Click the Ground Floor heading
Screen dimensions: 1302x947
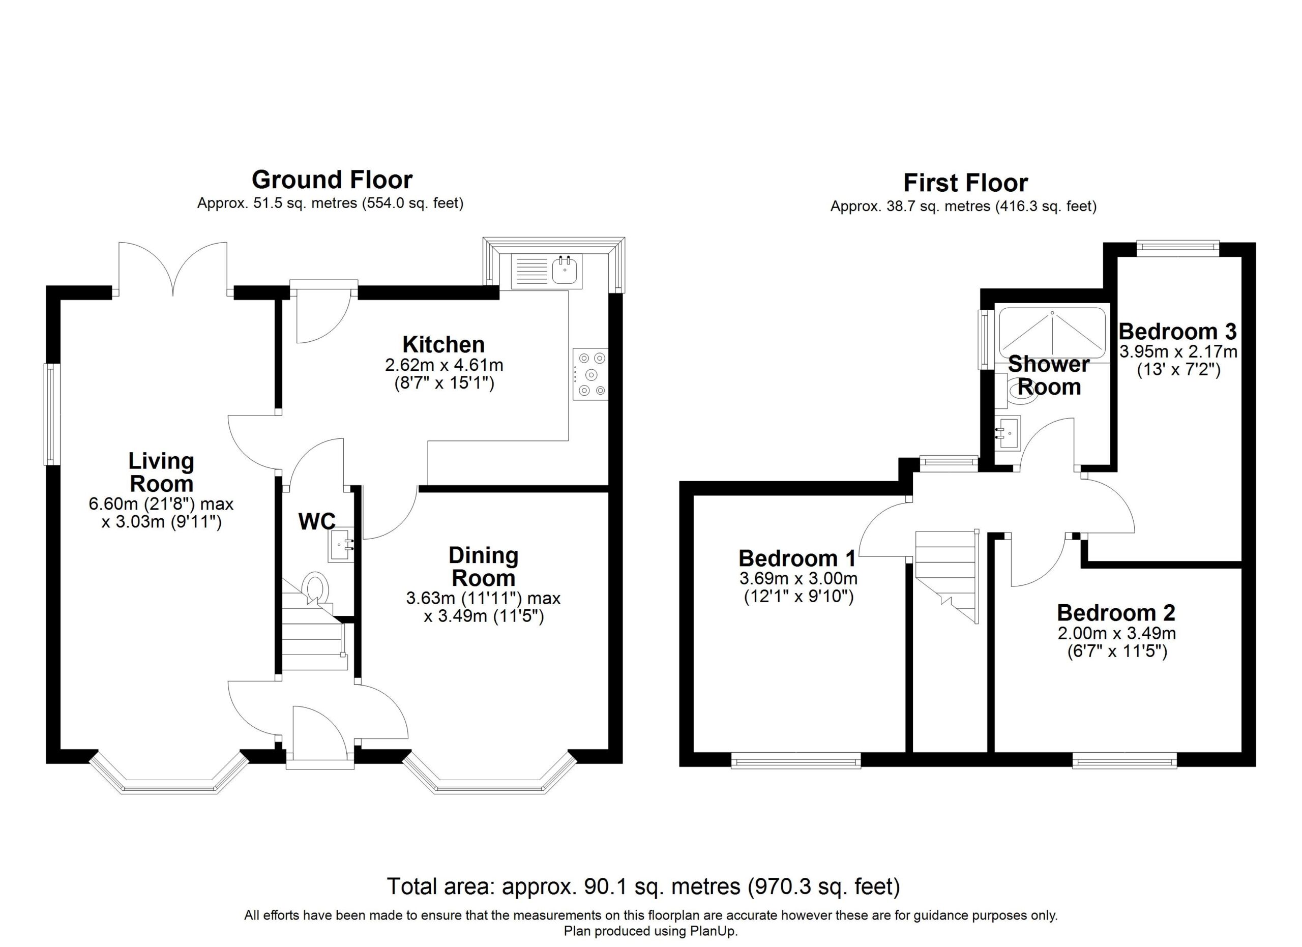coord(332,180)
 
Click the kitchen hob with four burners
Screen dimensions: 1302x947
coord(590,374)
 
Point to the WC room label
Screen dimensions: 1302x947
coord(317,521)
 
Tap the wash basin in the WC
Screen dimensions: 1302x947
coord(343,545)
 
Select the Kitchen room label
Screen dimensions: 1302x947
coord(444,344)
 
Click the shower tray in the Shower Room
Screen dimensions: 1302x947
coord(1052,335)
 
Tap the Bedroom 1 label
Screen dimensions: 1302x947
coord(797,558)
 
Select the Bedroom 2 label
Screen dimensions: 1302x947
coord(1116,612)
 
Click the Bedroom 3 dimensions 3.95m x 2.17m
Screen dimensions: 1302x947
coord(1178,351)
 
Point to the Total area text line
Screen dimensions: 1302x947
coord(643,886)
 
